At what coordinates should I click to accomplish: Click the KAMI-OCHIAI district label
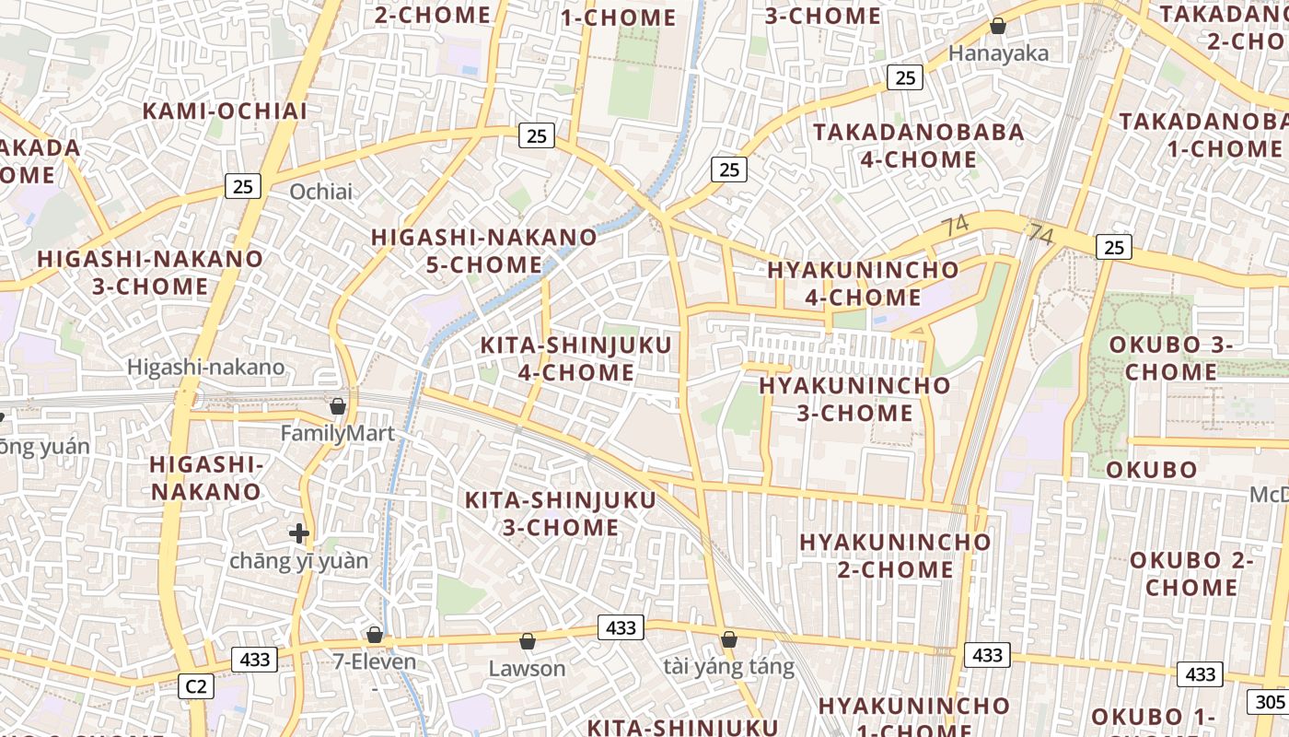(225, 111)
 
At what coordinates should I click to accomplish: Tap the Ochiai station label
(321, 192)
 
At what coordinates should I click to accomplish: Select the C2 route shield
(197, 686)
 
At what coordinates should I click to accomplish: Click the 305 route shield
(1268, 702)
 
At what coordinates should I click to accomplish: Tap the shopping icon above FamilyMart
(338, 406)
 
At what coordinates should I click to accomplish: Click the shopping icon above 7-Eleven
(375, 635)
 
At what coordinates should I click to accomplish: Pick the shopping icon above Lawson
(528, 641)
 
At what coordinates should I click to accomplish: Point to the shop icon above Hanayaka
(997, 26)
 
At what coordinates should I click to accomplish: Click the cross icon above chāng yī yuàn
(298, 532)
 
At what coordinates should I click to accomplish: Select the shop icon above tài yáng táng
(729, 639)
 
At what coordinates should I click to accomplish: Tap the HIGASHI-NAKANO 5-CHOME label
(484, 251)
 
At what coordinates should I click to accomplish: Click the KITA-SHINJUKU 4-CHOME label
(575, 359)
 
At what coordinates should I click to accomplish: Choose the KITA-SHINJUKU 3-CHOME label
(560, 514)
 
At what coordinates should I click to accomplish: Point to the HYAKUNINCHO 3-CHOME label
(854, 399)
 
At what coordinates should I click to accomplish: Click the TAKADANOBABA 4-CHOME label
(918, 146)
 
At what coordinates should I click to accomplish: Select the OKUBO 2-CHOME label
(1191, 573)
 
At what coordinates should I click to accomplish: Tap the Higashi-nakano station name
(206, 368)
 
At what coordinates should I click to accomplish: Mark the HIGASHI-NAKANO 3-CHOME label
(150, 272)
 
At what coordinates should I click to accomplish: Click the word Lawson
(527, 668)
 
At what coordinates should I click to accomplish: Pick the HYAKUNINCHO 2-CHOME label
(895, 556)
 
